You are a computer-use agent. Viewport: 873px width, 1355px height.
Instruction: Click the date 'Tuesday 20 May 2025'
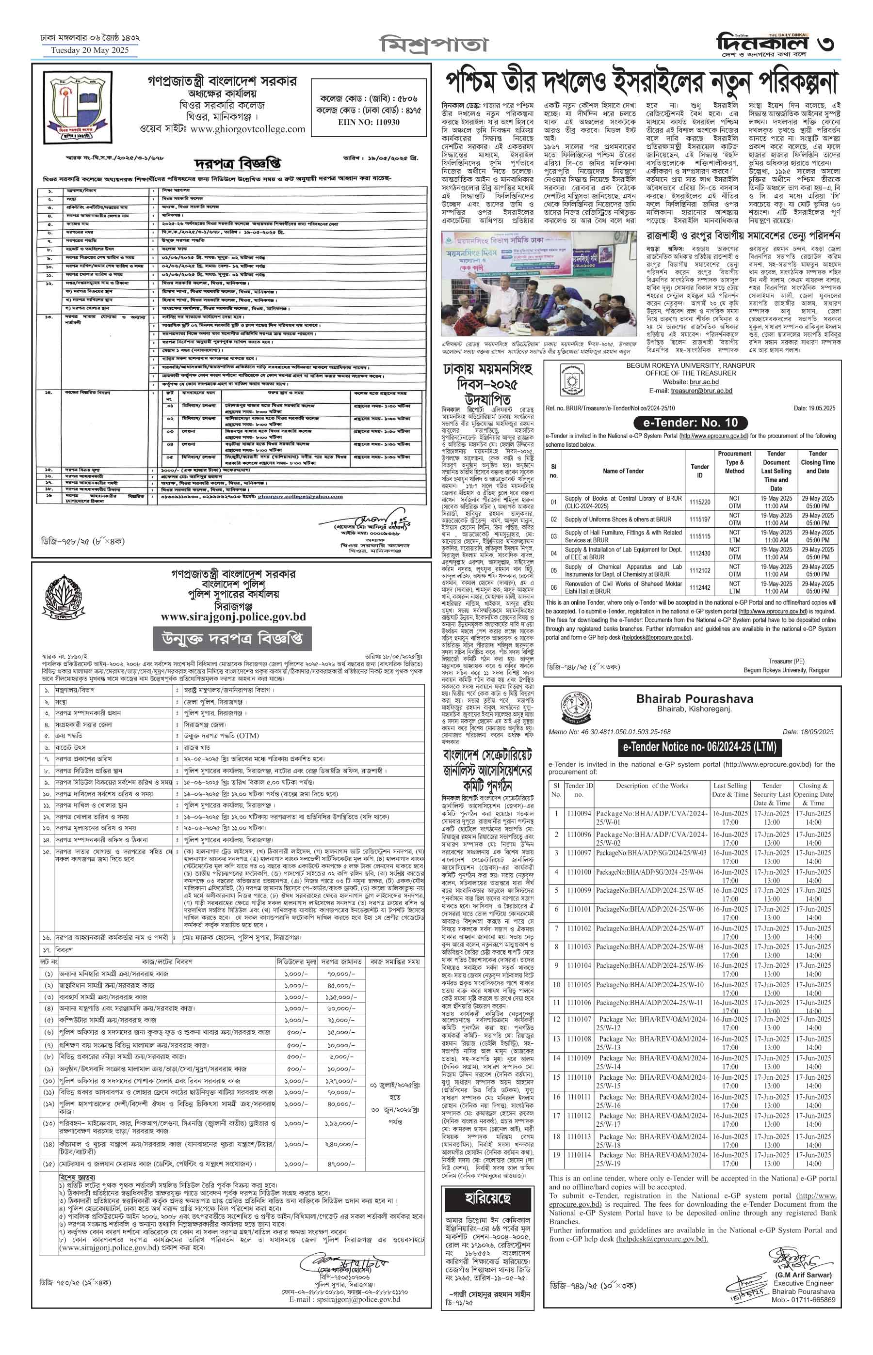(90, 50)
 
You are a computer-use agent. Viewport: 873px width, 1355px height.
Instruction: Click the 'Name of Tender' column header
(623, 471)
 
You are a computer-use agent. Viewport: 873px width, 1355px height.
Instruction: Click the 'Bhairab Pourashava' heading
(695, 698)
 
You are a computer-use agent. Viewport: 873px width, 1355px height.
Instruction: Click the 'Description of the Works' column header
(651, 786)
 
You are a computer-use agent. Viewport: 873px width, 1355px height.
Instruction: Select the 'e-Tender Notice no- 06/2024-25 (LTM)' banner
(699, 747)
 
